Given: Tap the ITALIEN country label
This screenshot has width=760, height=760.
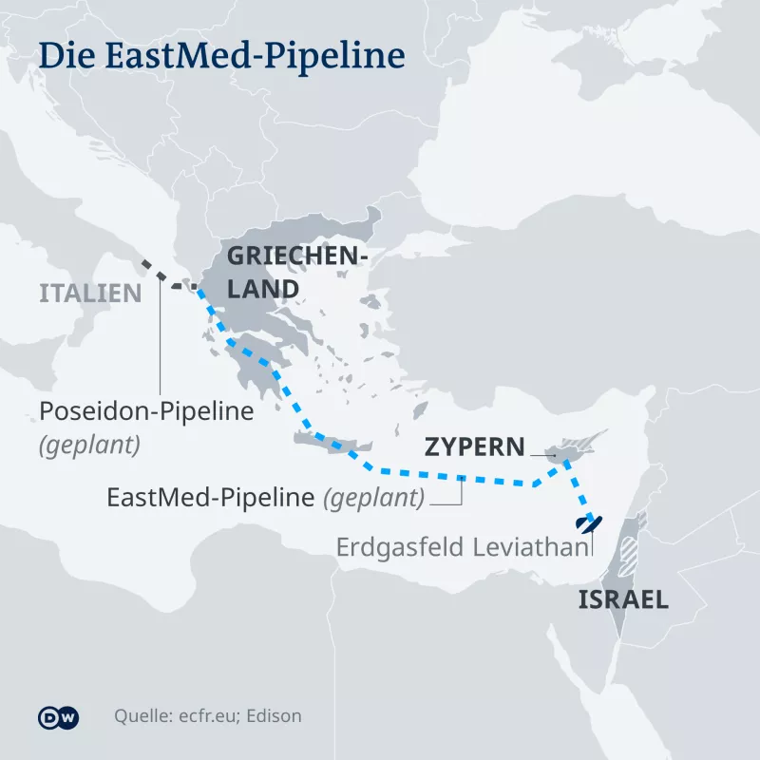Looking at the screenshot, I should pyautogui.click(x=90, y=293).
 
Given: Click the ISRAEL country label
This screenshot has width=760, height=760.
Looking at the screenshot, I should pyautogui.click(x=623, y=600).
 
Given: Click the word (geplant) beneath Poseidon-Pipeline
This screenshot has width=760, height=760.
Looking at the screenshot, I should pyautogui.click(x=89, y=446).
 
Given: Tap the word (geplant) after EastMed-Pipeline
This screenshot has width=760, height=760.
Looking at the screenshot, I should pyautogui.click(x=373, y=497).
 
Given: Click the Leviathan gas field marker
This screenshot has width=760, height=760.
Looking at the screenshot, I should pyautogui.click(x=586, y=522).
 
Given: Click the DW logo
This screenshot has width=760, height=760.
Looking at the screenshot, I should pyautogui.click(x=58, y=718).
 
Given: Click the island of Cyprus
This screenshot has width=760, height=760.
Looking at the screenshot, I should pyautogui.click(x=568, y=448).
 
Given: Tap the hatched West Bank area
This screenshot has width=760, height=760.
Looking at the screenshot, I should pyautogui.click(x=628, y=551).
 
